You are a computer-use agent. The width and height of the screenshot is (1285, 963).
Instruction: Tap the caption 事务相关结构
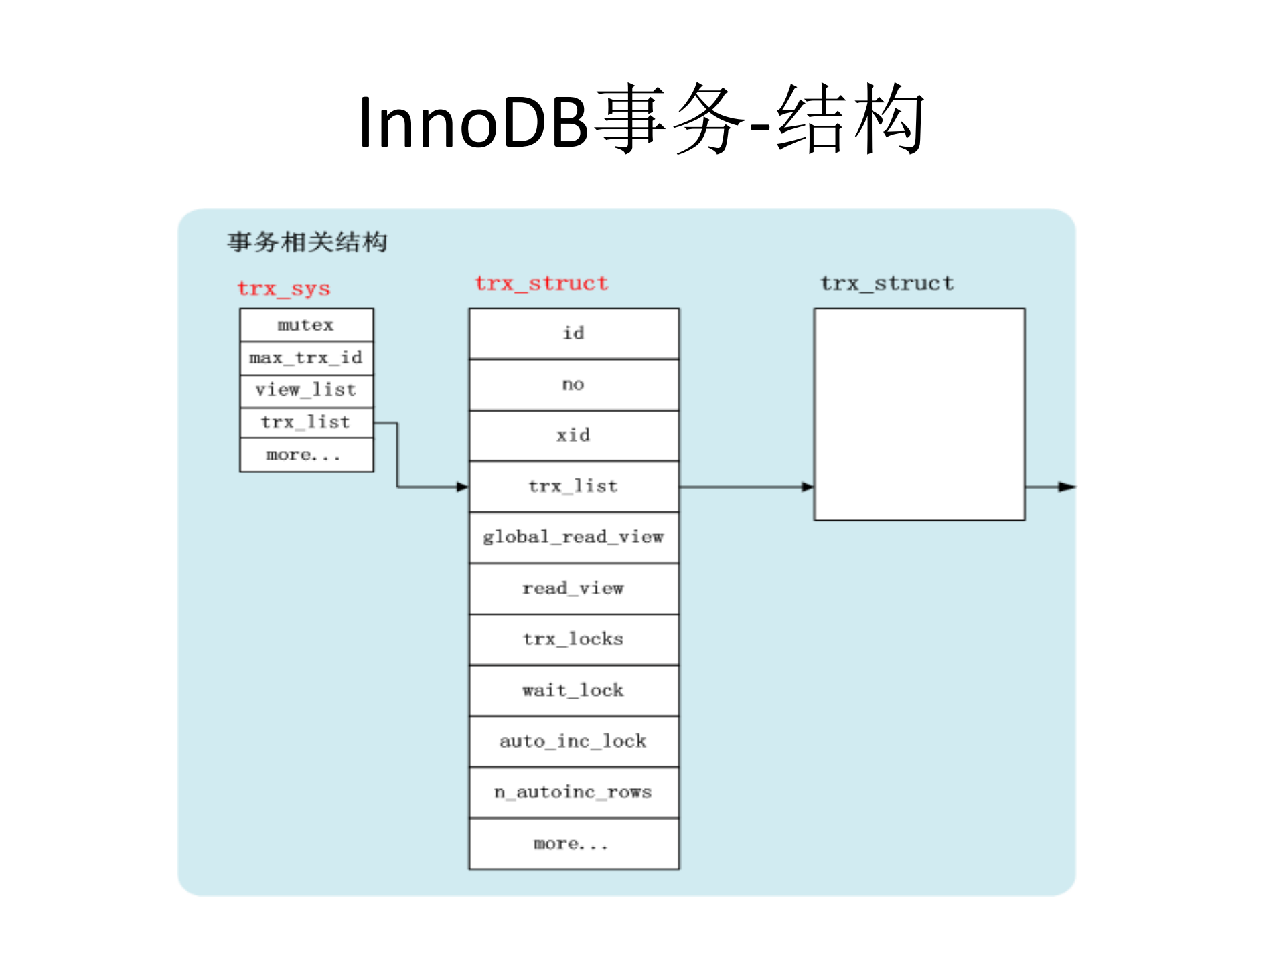point(307,242)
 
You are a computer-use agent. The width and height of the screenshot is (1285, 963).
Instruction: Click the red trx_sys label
point(284,289)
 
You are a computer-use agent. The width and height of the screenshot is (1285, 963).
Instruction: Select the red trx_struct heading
point(541,284)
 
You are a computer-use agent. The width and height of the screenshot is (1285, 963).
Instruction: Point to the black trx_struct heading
point(887,284)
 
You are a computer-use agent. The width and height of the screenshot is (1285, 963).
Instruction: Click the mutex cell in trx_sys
point(306,325)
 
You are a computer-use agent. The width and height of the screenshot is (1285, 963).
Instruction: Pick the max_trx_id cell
point(306,357)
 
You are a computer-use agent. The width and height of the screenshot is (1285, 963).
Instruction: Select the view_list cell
point(306,389)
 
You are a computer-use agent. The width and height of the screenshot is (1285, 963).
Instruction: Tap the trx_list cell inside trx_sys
point(306,422)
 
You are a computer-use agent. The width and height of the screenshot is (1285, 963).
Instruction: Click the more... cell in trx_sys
point(306,455)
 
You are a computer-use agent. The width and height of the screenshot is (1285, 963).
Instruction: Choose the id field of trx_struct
point(574,333)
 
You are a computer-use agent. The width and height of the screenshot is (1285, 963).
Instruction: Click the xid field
point(574,436)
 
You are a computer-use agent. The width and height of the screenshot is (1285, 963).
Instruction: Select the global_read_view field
point(574,537)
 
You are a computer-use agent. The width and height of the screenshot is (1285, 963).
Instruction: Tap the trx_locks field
point(574,640)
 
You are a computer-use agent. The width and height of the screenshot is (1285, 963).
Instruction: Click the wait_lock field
point(574,691)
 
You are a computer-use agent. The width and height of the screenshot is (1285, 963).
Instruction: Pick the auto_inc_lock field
point(574,741)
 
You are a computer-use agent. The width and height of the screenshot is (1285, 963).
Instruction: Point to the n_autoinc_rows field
point(574,792)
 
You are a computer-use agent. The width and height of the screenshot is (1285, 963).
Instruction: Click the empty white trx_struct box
point(919,414)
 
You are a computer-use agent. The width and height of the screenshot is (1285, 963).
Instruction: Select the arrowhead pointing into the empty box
point(808,487)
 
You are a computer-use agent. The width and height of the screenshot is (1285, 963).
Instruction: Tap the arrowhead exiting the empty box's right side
point(1067,487)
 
